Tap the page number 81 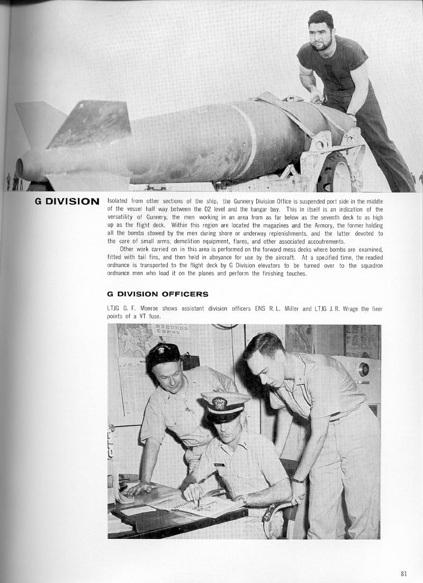point(404,572)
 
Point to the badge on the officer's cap point(219,403)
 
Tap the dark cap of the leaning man point(164,353)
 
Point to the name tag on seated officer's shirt point(219,464)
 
